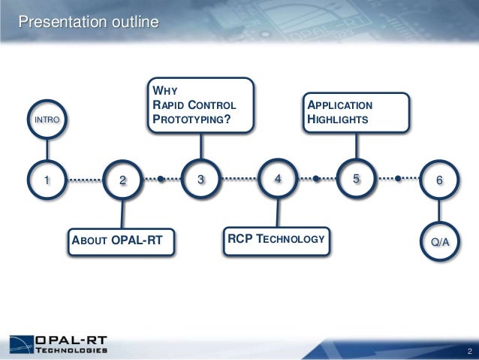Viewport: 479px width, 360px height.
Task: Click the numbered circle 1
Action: click(46, 180)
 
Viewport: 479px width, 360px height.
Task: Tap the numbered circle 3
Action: click(200, 180)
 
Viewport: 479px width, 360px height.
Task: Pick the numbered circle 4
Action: click(278, 179)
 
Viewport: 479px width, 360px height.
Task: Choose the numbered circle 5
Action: click(356, 179)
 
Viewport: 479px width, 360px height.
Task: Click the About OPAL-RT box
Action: click(121, 241)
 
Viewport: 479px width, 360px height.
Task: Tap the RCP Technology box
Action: click(277, 239)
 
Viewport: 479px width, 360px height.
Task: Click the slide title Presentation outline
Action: click(89, 23)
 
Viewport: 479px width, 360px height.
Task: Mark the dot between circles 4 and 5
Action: click(316, 180)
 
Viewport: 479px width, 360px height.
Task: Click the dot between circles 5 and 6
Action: click(397, 180)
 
